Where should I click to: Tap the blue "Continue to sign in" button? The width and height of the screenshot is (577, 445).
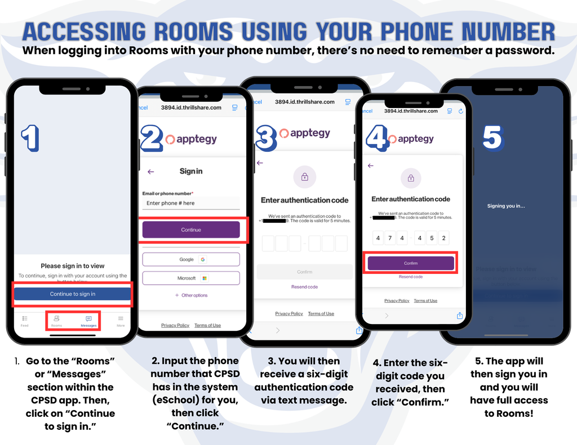tap(72, 294)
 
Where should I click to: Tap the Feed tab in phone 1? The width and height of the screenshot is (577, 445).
tap(25, 320)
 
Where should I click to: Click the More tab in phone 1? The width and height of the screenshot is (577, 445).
tap(121, 320)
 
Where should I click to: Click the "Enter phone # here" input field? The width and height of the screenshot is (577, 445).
tap(190, 203)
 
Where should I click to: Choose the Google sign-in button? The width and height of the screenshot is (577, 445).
tap(190, 259)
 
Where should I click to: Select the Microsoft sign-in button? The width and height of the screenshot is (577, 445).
tap(190, 278)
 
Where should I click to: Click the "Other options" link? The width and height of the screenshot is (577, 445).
tap(191, 295)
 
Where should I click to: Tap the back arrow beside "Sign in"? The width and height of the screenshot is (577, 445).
tap(150, 172)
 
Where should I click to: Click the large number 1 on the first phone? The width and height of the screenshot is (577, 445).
tap(30, 138)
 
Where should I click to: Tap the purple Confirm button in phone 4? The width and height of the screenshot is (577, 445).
tap(411, 263)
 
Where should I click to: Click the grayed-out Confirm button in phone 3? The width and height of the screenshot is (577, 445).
tap(304, 272)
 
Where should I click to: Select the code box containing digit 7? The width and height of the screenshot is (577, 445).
tap(390, 238)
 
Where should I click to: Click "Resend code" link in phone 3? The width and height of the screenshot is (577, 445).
tap(304, 287)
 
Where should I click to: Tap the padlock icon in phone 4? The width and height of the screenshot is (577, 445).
tap(411, 178)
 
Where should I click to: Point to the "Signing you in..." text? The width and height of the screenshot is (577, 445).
tap(505, 206)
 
